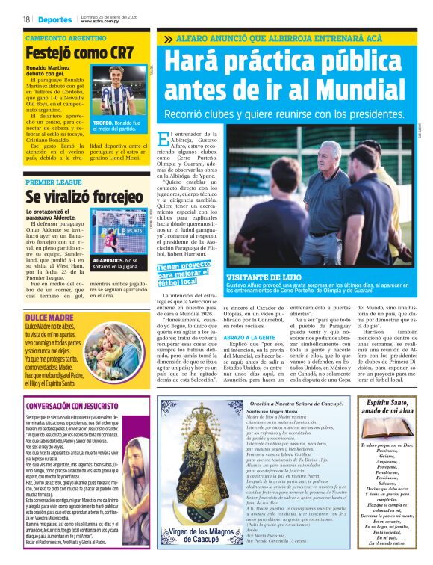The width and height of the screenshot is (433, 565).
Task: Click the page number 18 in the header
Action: pos(26,19)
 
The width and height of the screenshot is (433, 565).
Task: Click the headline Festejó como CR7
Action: pos(78,53)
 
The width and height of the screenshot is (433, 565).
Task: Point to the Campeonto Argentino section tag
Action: pos(65,37)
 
